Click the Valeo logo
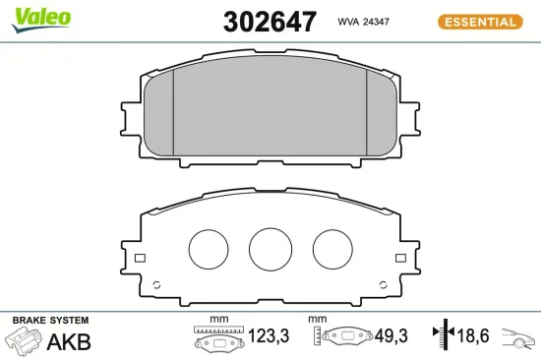40,17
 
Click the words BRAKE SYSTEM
50,321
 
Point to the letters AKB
70,342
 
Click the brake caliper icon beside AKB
24,340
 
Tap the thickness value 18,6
474,337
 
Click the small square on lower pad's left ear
139,259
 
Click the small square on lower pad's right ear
399,259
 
